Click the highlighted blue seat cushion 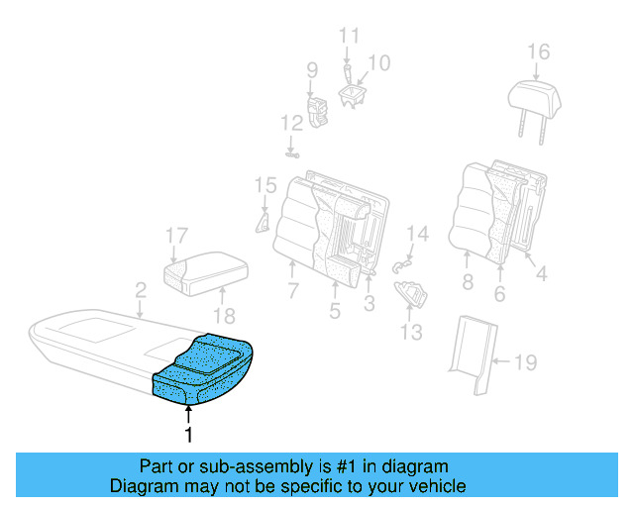tap(203, 371)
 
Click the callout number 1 tap(187, 433)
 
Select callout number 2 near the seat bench tap(141, 290)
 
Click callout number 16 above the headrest tap(537, 51)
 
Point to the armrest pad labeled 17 tap(203, 268)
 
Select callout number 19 tap(524, 363)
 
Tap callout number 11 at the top tap(349, 37)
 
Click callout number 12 tap(290, 124)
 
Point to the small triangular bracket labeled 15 tap(264, 218)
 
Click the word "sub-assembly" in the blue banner tap(237, 466)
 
